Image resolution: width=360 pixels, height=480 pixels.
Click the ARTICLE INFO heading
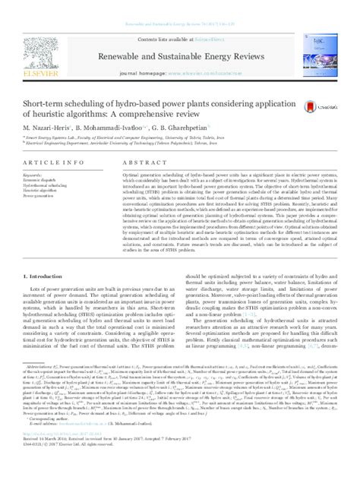47,164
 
